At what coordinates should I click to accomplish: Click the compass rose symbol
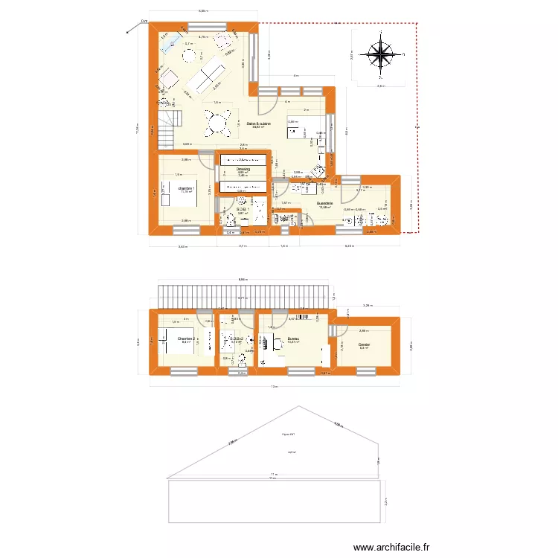(x=381, y=55)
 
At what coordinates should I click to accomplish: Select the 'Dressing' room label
(x=243, y=170)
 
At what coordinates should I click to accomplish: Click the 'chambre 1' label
(x=186, y=189)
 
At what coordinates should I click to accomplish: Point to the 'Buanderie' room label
(x=324, y=203)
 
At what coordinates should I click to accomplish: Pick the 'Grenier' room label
(x=364, y=344)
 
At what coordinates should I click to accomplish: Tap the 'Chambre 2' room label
(x=186, y=339)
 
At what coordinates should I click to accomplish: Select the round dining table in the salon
(x=218, y=121)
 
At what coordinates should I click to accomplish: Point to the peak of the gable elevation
(x=298, y=406)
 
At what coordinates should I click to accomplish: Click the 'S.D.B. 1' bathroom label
(x=241, y=210)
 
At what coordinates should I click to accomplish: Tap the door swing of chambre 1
(x=204, y=159)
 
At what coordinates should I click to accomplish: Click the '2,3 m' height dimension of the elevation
(x=386, y=501)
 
